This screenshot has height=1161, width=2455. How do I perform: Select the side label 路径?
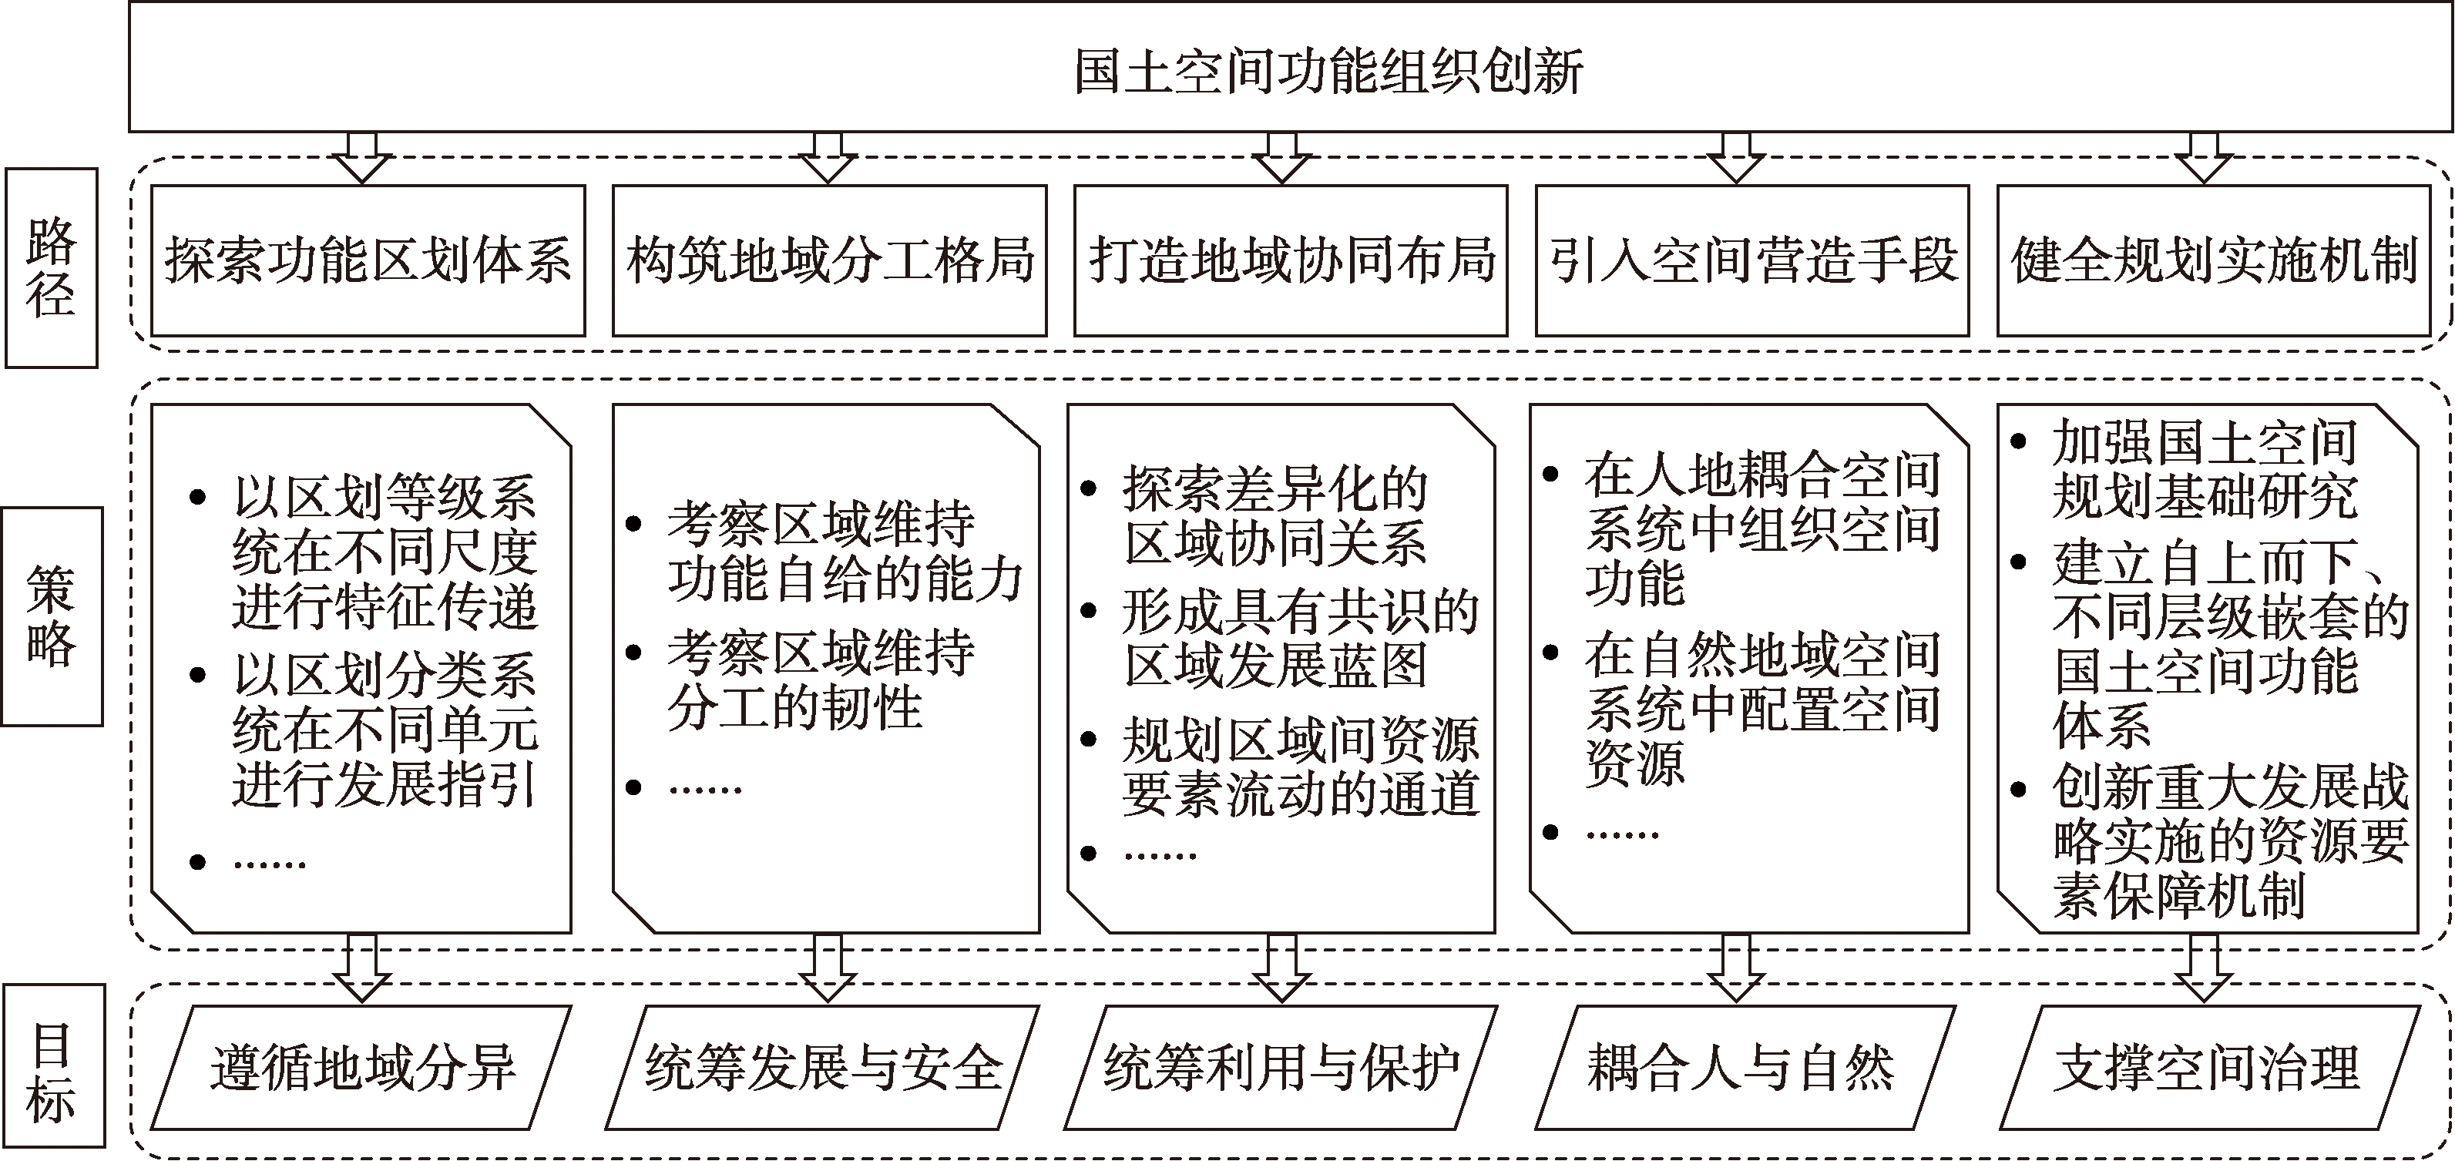52,268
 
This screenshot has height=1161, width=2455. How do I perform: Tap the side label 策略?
52,616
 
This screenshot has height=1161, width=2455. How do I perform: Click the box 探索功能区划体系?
368,260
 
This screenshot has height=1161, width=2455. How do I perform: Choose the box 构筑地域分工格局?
829,260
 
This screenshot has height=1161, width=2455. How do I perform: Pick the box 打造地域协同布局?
1291,260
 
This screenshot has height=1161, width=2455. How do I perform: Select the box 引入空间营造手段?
1751,260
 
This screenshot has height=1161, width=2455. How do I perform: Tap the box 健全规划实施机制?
2214,260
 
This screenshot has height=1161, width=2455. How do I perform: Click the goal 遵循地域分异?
362,1068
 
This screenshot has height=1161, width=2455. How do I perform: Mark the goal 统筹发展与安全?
822,1068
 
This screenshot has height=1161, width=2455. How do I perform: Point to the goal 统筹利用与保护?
1281,1068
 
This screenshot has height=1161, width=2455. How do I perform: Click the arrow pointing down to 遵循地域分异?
362,968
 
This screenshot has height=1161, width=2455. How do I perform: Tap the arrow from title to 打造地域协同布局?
1281,157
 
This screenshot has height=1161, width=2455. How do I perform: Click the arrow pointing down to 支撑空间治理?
2205,968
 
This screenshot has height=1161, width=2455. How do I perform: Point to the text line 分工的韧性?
794,707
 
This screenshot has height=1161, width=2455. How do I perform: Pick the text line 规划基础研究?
2205,495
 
